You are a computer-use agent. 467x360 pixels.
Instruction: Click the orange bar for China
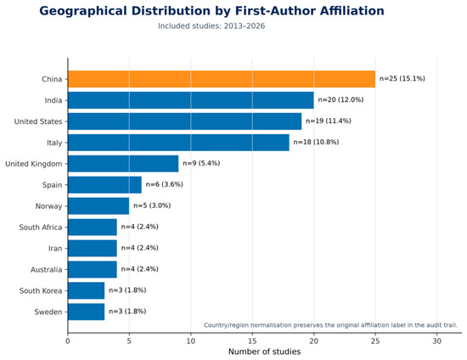[222, 79]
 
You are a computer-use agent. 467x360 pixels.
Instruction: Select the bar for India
[191, 100]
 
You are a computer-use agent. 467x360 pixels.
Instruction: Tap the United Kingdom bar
[123, 164]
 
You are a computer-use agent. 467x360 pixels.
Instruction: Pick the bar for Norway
[98, 205]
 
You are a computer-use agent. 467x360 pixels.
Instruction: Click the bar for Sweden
[87, 312]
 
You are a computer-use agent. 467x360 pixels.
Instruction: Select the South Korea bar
[87, 290]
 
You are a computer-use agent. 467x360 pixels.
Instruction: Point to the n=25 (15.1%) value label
[402, 79]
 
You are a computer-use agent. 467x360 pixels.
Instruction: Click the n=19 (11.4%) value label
[329, 121]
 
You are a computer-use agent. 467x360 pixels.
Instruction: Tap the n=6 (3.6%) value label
[164, 184]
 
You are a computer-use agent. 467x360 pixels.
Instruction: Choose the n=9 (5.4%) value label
[201, 163]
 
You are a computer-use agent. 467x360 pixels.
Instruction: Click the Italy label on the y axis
[54, 143]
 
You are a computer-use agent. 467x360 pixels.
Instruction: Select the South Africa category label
[41, 228]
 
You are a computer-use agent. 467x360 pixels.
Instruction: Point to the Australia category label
[47, 269]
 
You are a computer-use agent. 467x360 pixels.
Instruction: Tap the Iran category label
[55, 248]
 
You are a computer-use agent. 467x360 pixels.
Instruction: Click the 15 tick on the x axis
[252, 341]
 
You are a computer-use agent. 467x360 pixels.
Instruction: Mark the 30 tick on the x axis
[437, 341]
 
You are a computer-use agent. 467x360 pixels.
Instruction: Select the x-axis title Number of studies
[264, 352]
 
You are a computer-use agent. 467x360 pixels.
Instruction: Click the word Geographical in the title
[83, 11]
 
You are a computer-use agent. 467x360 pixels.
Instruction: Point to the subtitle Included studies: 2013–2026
[211, 26]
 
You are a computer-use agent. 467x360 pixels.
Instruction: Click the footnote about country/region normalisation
[330, 325]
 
